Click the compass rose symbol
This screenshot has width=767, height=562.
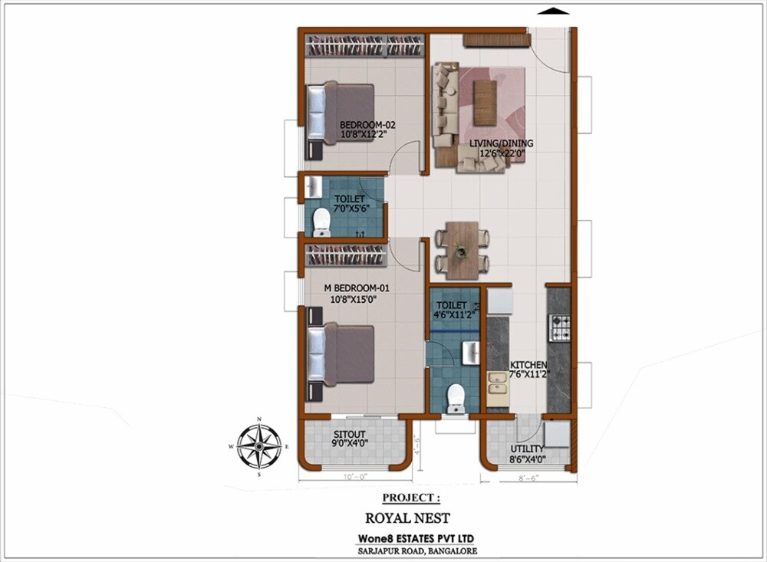pos(260,446)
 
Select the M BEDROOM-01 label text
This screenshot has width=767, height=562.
pos(358,294)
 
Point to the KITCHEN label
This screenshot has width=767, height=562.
pos(528,370)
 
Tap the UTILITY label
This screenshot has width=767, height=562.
pos(527,453)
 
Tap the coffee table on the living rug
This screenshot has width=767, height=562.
pos(484,102)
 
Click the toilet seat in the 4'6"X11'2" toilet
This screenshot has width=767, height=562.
pos(456,397)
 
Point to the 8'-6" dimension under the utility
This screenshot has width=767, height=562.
pos(528,477)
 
